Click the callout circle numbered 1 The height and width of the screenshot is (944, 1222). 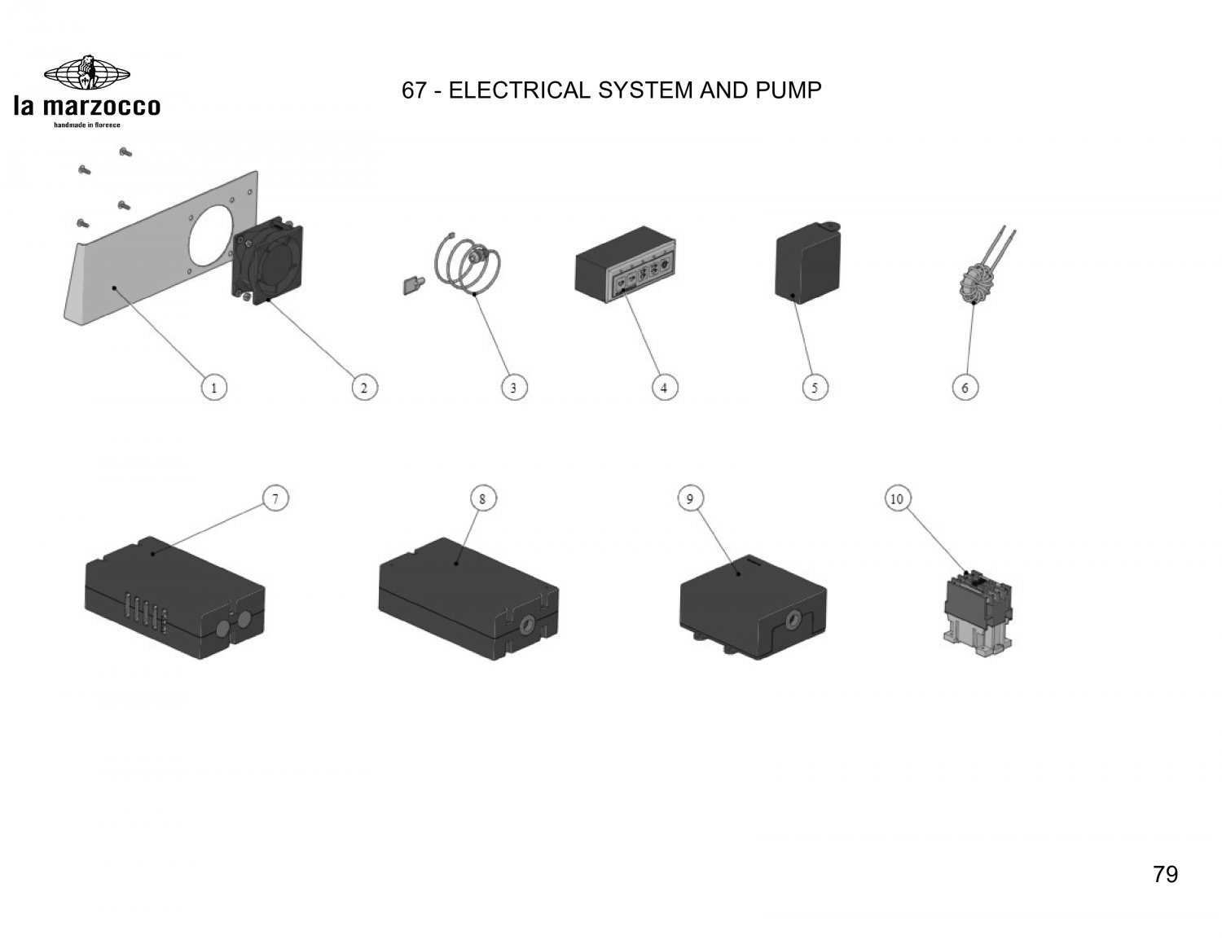point(214,388)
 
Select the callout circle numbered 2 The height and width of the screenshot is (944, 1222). point(363,388)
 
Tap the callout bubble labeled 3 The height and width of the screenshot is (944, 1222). point(513,388)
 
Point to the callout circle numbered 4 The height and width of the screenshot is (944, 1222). point(664,388)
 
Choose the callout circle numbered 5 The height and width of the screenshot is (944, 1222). point(815,388)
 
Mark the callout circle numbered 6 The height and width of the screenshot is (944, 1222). point(965,388)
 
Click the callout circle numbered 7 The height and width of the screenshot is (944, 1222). point(275,498)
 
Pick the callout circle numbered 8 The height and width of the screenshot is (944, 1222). point(482,498)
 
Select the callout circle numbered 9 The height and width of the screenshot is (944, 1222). point(690,498)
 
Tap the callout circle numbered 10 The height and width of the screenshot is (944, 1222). point(897,498)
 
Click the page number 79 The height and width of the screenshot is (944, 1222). point(1165,875)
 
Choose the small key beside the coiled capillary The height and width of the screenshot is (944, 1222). point(413,286)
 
